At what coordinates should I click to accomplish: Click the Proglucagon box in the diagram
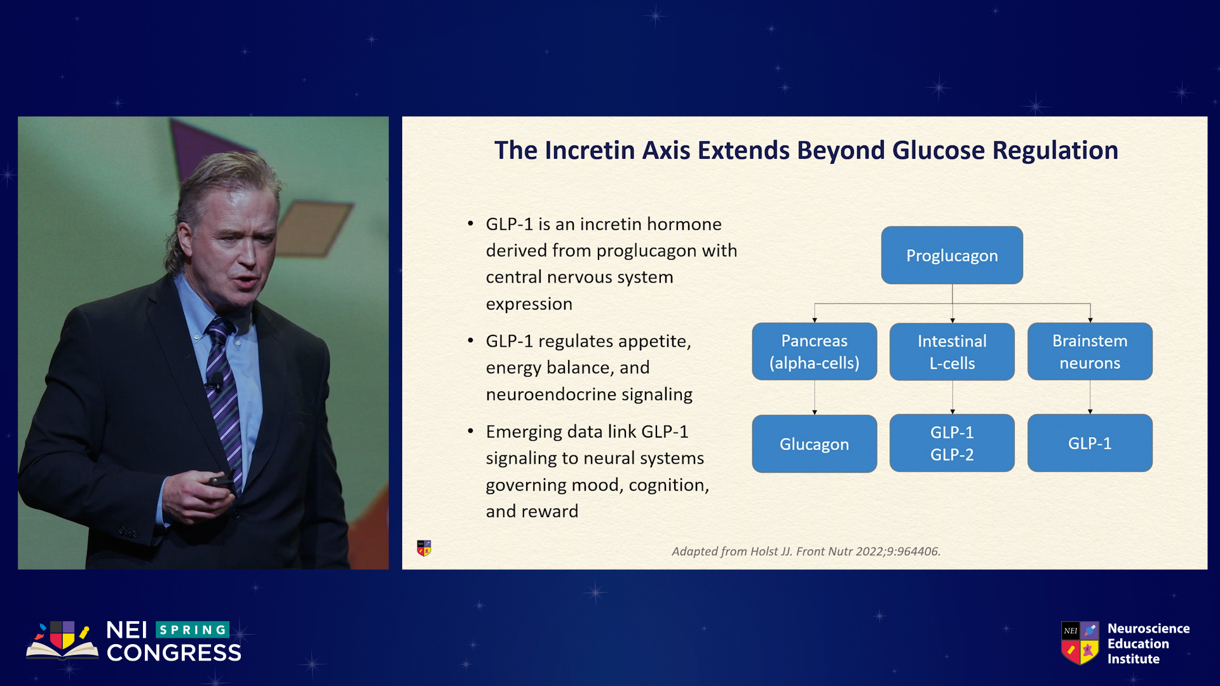pos(952,255)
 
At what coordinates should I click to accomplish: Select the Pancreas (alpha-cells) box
pos(815,351)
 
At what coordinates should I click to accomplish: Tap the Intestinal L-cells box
pos(952,351)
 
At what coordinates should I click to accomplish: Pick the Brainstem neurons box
pos(1090,351)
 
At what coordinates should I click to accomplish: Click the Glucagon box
pos(815,443)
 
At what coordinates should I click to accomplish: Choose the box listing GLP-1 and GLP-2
pos(952,443)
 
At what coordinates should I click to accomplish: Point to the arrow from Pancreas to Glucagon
pos(815,398)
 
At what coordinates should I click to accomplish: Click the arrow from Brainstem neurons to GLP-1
pos(1090,398)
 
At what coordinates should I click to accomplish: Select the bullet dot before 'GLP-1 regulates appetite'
pos(470,341)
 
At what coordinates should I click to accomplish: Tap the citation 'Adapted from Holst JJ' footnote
pos(806,551)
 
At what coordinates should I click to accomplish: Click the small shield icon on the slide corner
pos(424,548)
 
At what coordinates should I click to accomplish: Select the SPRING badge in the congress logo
pos(193,629)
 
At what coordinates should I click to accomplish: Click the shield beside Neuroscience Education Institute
pos(1080,643)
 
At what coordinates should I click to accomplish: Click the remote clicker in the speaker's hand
pos(220,481)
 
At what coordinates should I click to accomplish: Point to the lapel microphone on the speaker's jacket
pos(216,380)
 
